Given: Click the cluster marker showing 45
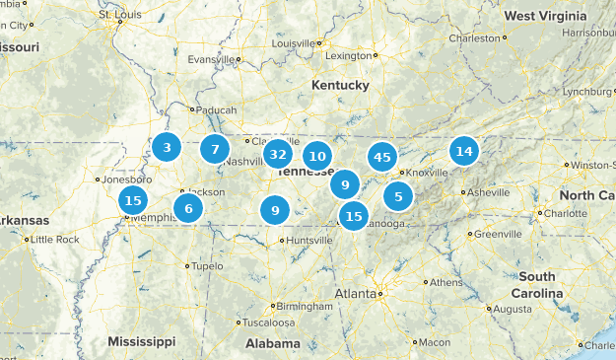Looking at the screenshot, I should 382,157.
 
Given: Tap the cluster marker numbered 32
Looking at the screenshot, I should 278,154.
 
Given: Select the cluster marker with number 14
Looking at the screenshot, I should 463,151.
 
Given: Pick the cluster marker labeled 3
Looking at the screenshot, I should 167,148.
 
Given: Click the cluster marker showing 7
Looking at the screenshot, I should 214,150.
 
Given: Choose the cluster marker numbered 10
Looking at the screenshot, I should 316,156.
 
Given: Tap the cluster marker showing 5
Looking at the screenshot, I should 398,196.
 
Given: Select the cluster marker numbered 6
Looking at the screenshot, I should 187,208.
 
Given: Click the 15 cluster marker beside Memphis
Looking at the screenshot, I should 132,201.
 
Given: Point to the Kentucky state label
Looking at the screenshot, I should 340,86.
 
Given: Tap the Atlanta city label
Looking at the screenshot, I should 355,294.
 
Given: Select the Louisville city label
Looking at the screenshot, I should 295,44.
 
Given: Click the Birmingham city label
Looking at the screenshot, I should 301,306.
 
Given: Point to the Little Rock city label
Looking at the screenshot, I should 54,240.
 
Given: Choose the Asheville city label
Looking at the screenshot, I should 486,192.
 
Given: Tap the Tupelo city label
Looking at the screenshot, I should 206,266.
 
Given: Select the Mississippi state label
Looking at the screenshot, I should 142,341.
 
